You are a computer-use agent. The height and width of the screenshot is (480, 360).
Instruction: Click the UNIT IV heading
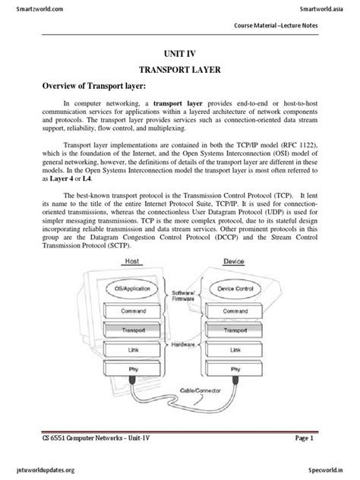pyautogui.click(x=180, y=55)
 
